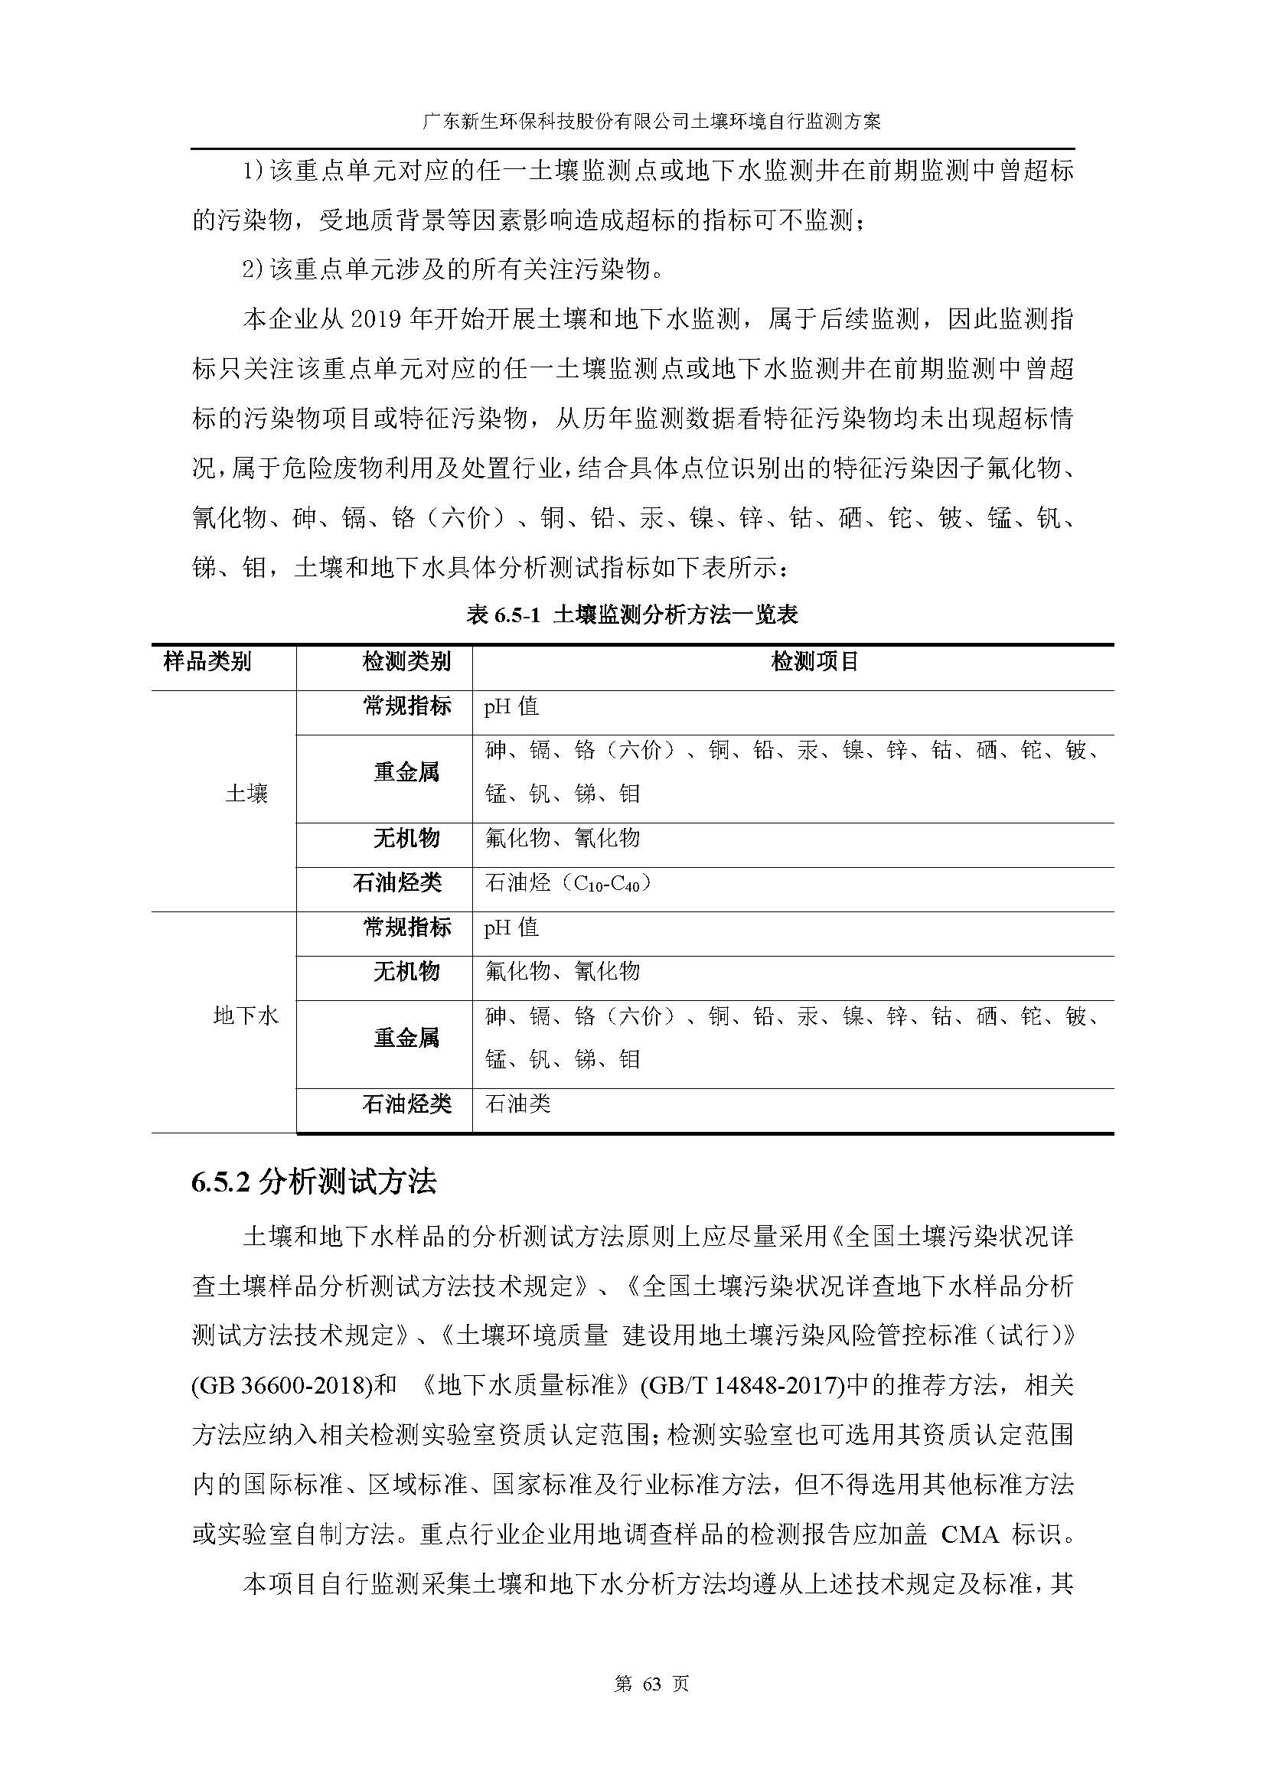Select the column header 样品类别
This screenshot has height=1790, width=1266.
pos(207,662)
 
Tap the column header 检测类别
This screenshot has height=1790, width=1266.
pos(406,662)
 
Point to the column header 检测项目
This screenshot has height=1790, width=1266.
pos(814,662)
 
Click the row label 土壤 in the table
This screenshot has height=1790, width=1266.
pos(246,794)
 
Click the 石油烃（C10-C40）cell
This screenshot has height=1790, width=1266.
pos(567,882)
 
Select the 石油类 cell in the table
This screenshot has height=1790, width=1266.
pos(517,1104)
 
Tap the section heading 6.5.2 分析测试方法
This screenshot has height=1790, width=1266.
pos(314,1182)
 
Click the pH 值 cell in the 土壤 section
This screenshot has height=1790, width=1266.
pos(511,706)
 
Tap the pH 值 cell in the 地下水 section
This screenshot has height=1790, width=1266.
pos(511,927)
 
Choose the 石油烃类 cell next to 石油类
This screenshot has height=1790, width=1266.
pos(406,1104)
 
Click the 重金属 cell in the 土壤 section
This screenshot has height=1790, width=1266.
pos(406,772)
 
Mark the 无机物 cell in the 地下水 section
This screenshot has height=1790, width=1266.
pos(406,970)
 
